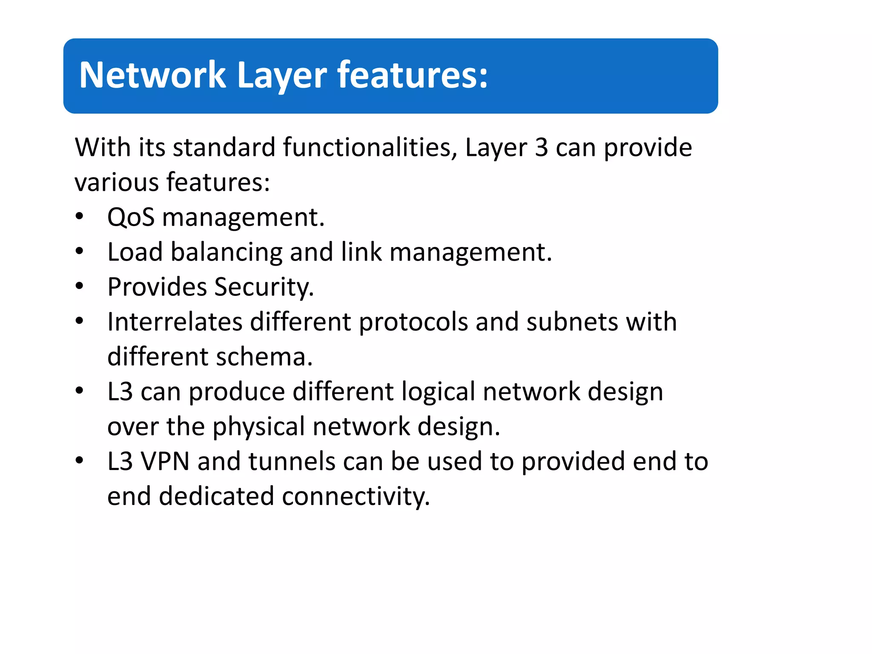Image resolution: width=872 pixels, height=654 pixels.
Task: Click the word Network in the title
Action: point(152,75)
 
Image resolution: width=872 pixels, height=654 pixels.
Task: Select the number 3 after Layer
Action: point(541,148)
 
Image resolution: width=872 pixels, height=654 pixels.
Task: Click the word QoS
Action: point(131,217)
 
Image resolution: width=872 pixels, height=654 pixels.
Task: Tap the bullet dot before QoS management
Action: point(79,217)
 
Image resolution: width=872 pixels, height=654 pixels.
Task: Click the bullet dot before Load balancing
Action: point(79,252)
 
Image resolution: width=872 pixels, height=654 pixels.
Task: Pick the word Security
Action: point(264,287)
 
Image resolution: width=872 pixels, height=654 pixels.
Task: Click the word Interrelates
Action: point(175,321)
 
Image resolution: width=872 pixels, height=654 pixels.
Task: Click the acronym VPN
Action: point(165,462)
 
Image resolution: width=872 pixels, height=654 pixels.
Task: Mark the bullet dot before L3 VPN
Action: point(79,461)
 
